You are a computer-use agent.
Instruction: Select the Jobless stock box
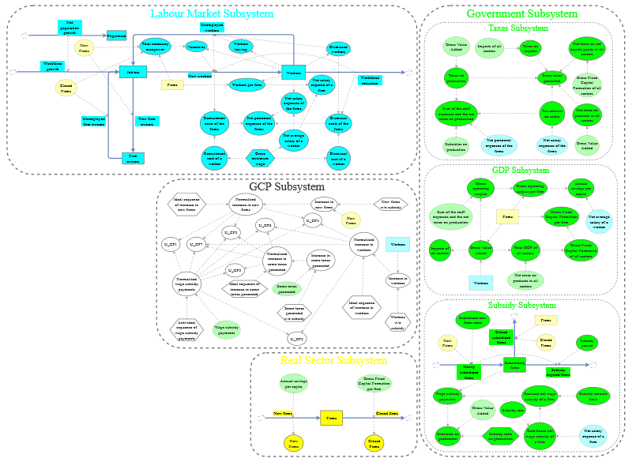[133, 73]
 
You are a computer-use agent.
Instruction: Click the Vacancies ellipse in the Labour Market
[196, 47]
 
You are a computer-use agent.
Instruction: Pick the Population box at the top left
[117, 36]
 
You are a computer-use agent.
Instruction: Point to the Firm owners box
[133, 158]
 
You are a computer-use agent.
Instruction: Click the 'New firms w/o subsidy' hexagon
[391, 204]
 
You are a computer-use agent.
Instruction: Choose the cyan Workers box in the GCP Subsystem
[398, 245]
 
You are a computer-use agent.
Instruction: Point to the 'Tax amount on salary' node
[551, 113]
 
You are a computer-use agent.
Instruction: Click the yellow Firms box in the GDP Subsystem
[507, 216]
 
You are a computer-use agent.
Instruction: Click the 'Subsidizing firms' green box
[514, 365]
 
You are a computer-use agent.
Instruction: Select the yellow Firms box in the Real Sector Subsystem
[331, 416]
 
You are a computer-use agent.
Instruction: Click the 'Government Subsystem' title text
[521, 14]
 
